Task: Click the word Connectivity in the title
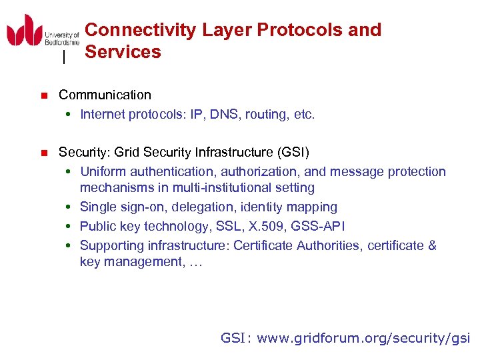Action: click(x=141, y=30)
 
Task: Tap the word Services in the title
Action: click(x=123, y=52)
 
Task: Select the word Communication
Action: click(x=105, y=95)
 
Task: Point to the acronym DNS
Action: click(x=227, y=115)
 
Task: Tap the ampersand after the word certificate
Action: click(x=431, y=245)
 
